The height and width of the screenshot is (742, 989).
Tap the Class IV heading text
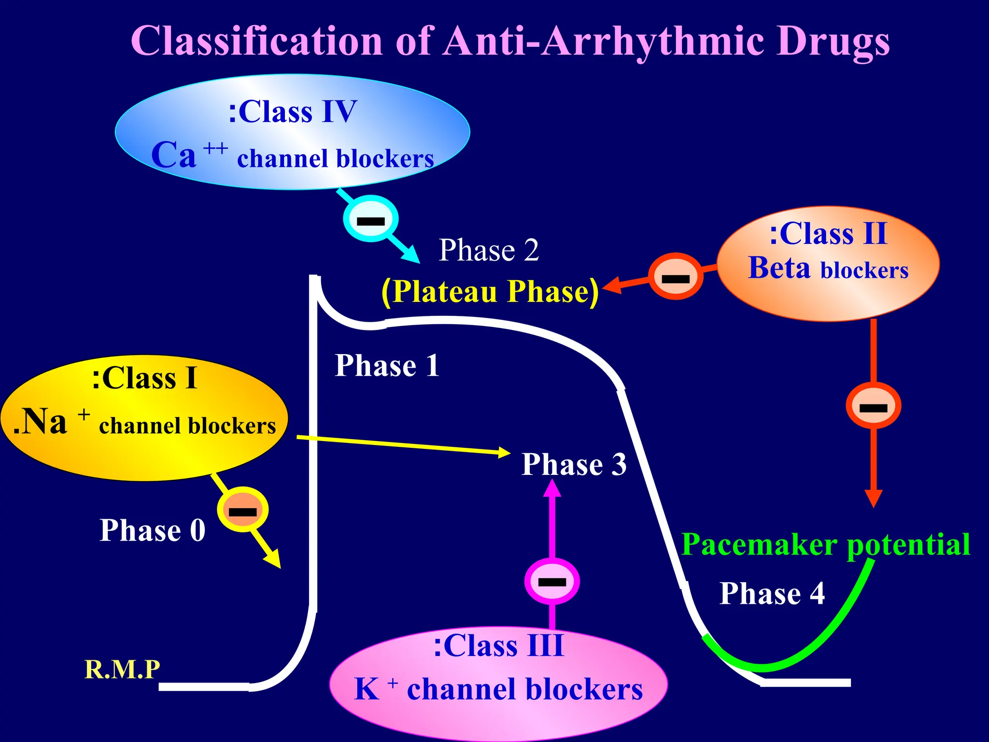(293, 112)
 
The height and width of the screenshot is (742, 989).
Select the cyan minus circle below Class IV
(370, 219)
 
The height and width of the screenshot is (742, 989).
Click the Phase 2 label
(488, 250)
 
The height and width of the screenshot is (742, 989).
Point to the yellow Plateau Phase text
(490, 292)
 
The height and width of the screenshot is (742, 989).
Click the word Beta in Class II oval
(778, 269)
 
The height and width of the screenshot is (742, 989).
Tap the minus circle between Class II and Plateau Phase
(675, 276)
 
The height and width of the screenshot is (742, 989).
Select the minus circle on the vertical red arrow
(873, 406)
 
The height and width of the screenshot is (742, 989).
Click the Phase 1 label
(387, 366)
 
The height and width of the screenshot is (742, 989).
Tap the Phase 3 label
(574, 465)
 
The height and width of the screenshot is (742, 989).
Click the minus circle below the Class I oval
(242, 510)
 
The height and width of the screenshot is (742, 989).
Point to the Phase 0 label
(152, 530)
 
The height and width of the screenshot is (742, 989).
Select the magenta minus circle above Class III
(551, 581)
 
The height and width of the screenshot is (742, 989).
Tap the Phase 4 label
(772, 594)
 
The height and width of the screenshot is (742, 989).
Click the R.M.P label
(122, 670)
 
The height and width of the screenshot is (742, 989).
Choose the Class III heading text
(498, 646)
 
